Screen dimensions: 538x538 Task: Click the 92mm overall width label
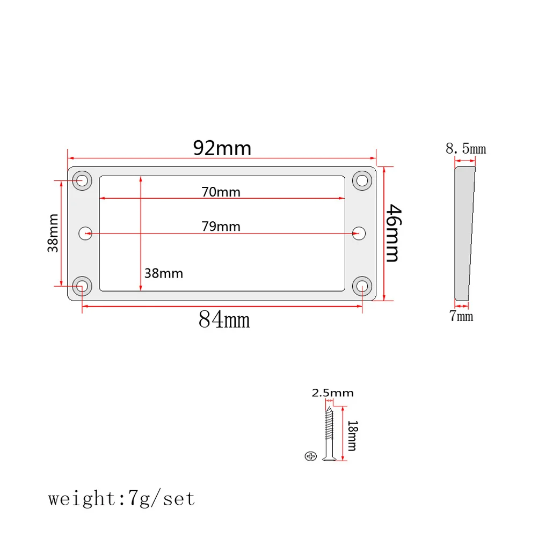click(222, 148)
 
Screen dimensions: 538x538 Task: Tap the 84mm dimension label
click(224, 320)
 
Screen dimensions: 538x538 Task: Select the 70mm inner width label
click(221, 192)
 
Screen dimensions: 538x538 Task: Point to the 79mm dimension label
click(221, 227)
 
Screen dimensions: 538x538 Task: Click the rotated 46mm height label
click(391, 232)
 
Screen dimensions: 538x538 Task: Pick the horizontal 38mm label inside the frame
click(164, 273)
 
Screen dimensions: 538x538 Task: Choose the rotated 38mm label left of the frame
click(53, 233)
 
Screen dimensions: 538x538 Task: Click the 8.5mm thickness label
click(466, 149)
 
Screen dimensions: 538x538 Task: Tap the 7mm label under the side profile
click(461, 316)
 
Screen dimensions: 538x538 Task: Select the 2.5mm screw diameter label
click(333, 393)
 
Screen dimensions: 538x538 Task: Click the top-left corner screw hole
click(82, 179)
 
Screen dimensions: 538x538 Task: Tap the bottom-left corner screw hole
click(82, 285)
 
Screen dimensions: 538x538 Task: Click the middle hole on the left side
click(85, 233)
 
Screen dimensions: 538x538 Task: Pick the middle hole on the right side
click(359, 233)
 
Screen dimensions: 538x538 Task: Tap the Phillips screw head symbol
click(310, 456)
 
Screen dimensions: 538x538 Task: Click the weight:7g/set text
click(122, 499)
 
